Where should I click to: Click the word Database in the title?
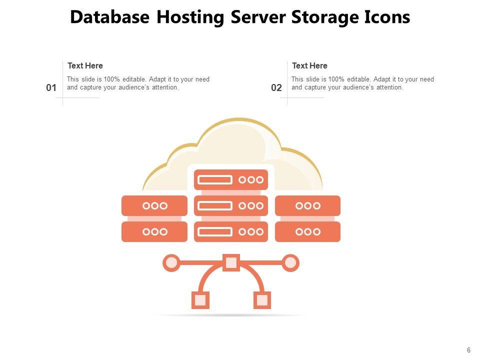109,17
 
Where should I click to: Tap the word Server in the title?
258,17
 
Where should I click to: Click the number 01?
51,88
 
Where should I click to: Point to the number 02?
276,88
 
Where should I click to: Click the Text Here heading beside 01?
85,65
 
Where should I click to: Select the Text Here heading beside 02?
309,65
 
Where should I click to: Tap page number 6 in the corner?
468,350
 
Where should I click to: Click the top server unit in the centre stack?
231,179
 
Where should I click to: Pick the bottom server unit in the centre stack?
231,231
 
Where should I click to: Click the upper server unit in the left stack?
154,205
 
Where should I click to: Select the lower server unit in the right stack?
307,231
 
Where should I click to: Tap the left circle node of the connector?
171,262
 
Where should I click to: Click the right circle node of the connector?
290,262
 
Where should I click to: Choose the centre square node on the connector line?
231,262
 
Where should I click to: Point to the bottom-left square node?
200,300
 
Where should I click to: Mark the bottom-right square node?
262,300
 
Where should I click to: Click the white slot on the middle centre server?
215,205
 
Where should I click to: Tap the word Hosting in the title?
190,17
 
